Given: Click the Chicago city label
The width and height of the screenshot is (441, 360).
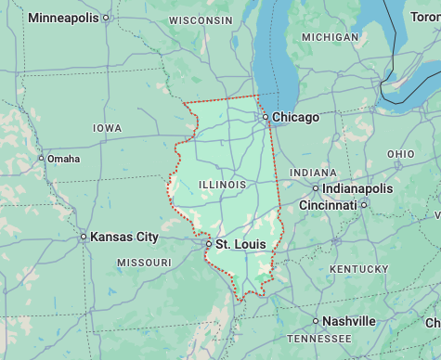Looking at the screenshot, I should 295,118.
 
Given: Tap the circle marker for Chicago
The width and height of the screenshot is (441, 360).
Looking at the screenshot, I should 266,118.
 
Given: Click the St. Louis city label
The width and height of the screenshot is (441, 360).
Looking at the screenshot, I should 240,244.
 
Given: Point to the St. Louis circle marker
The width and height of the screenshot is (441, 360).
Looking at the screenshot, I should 209,244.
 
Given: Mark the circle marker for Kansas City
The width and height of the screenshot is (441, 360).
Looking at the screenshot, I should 84,237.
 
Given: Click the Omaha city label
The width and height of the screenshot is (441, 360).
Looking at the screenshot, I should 63,159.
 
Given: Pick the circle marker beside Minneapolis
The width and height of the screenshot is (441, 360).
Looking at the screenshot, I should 105,18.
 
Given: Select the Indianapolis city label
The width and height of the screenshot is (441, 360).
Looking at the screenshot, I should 357,188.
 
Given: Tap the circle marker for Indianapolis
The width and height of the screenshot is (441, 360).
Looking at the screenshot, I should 316,188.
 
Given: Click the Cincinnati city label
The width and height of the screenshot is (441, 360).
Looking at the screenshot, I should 327,204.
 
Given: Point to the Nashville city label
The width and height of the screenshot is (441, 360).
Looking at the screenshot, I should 350,321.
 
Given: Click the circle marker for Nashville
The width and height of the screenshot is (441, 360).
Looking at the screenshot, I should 316,321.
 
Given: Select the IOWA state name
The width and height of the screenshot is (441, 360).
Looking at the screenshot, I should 107,128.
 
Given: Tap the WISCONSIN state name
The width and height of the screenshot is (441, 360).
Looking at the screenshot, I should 201,19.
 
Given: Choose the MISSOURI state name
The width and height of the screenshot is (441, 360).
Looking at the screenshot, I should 144,264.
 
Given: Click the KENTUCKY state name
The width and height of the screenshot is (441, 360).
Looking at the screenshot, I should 358,269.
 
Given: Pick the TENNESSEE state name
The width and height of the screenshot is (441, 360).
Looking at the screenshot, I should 319,340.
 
